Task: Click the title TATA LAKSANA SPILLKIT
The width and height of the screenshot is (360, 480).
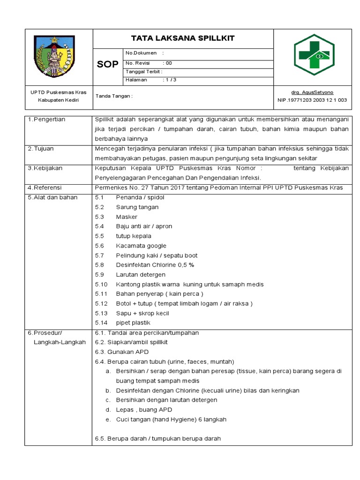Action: (x=183, y=38)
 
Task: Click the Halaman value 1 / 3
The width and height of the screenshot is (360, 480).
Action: (x=169, y=80)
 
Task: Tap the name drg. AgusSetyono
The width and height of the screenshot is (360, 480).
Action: (x=312, y=92)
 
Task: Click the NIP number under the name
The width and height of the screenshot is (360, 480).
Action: (x=312, y=100)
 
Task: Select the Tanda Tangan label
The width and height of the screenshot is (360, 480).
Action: (x=114, y=96)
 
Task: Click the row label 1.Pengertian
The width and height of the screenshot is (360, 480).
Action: (x=46, y=120)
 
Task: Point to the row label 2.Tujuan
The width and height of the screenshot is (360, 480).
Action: (x=41, y=149)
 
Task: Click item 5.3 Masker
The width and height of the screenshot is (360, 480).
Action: (x=127, y=217)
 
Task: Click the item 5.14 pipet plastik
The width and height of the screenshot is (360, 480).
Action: (x=133, y=322)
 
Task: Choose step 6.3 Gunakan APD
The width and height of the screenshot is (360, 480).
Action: (x=121, y=352)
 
